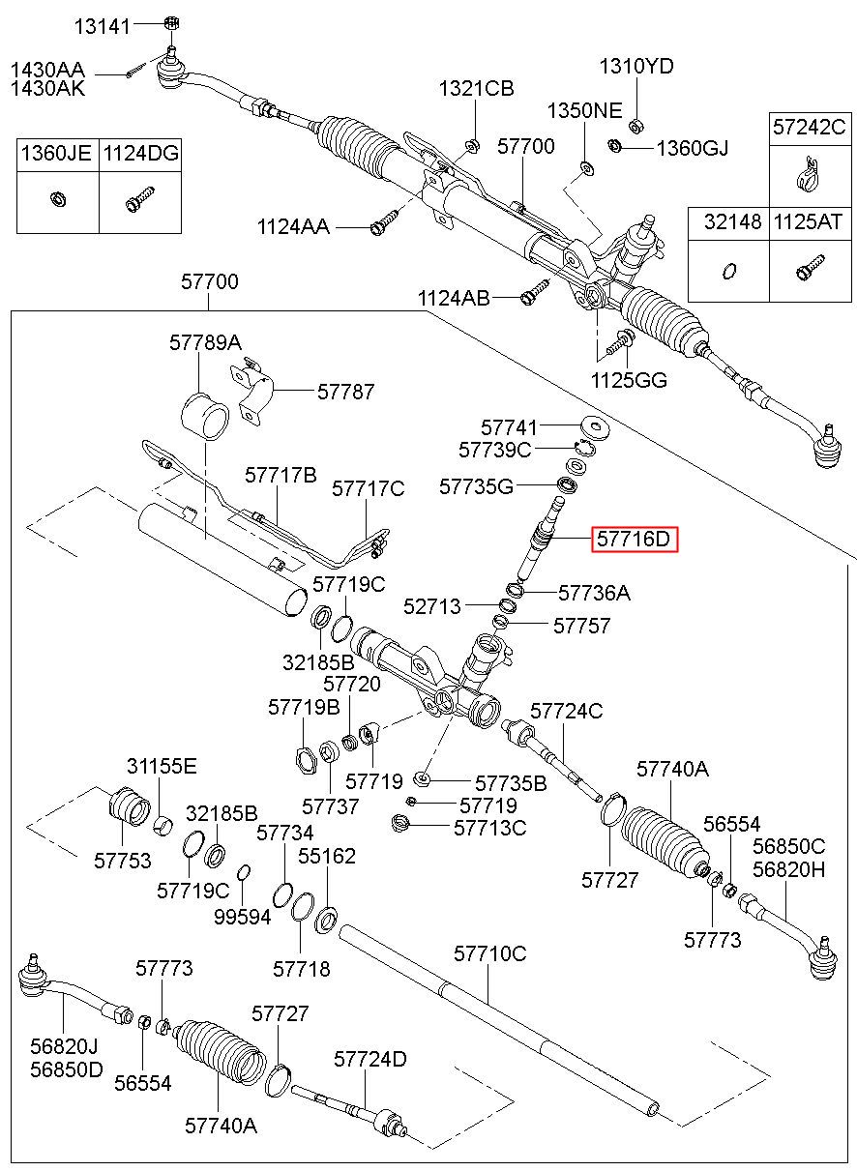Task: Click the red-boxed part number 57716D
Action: tap(634, 539)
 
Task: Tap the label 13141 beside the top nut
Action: tap(102, 26)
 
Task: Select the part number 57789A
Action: tap(205, 343)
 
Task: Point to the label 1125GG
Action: tap(629, 380)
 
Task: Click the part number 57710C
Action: tap(490, 954)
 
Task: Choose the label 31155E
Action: tap(162, 767)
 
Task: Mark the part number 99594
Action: tap(243, 917)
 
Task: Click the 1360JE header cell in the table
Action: tap(56, 154)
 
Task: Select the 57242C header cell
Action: tap(810, 128)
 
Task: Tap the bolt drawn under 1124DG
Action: tap(140, 199)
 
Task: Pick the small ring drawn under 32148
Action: tap(728, 271)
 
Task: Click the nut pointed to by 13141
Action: tap(171, 23)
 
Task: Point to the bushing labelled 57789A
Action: tap(205, 416)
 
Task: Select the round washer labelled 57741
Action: tap(595, 427)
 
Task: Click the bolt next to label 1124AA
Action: tap(384, 221)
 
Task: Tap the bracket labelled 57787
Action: tap(252, 390)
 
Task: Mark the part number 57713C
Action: tap(490, 828)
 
